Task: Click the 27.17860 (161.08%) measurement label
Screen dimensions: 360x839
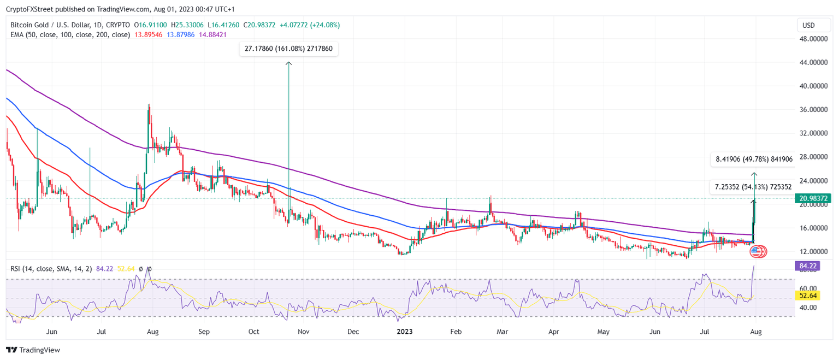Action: pyautogui.click(x=289, y=49)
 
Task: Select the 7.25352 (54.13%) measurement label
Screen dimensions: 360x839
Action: pyautogui.click(x=753, y=187)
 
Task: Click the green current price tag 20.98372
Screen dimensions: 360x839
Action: pyautogui.click(x=813, y=198)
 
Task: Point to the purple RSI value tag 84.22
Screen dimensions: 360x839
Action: pyautogui.click(x=807, y=266)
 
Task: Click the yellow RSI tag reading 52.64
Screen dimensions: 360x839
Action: pyautogui.click(x=807, y=296)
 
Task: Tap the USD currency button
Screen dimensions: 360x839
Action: pyautogui.click(x=808, y=25)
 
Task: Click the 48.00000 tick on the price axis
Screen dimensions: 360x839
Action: pyautogui.click(x=813, y=39)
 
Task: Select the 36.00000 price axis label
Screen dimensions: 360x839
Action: pyautogui.click(x=813, y=109)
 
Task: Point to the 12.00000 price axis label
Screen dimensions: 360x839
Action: pyautogui.click(x=813, y=251)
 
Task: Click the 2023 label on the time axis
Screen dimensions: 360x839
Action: pyautogui.click(x=405, y=331)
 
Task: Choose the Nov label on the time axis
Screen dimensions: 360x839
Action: pyautogui.click(x=304, y=331)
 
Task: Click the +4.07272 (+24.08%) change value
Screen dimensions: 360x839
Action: pyautogui.click(x=309, y=25)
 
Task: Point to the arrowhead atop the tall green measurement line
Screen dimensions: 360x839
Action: pyautogui.click(x=288, y=63)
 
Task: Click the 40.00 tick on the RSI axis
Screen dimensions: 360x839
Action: pyautogui.click(x=808, y=307)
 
